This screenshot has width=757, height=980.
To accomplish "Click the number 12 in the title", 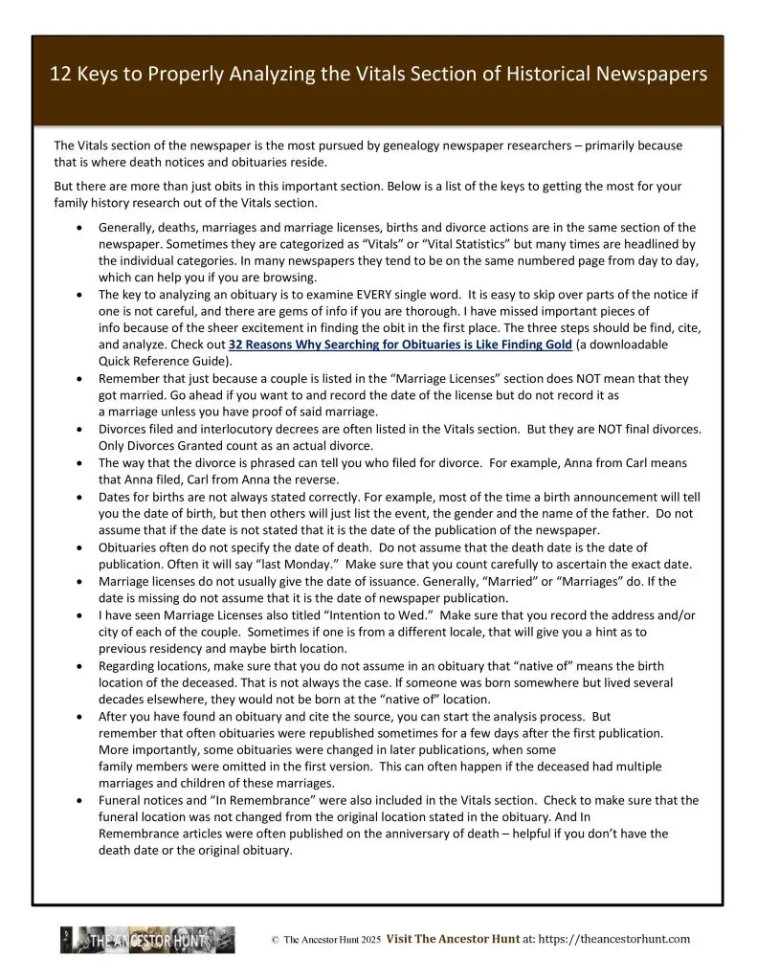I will pyautogui.click(x=61, y=75).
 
